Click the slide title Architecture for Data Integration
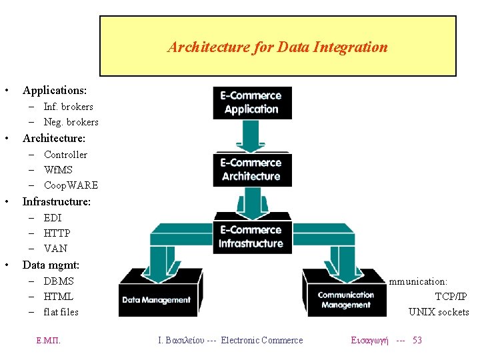tap(277, 47)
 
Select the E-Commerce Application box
tap(251, 103)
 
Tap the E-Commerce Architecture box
tap(251, 170)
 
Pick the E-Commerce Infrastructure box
tap(251, 237)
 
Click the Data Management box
tap(156, 299)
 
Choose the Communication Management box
tap(345, 299)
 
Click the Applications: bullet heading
tap(55, 90)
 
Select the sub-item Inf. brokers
tap(68, 107)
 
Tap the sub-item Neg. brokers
tap(71, 122)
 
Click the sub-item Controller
tap(65, 155)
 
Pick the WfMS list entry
tap(58, 170)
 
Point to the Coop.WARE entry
tap(71, 185)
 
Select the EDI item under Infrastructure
tap(53, 218)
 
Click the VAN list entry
tap(55, 249)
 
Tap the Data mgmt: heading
tap(51, 265)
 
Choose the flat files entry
tap(61, 312)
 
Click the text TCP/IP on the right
tap(451, 297)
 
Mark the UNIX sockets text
tap(439, 312)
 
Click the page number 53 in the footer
tap(417, 341)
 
